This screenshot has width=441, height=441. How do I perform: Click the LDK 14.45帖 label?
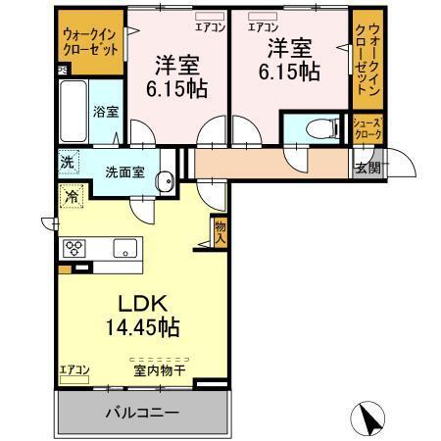pos(142,313)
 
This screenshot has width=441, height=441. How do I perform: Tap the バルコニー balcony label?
pos(142,413)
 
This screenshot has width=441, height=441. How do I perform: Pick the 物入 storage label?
pos(220,232)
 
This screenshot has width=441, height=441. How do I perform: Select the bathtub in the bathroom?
pos(74,111)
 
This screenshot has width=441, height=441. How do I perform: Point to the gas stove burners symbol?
pos(74,247)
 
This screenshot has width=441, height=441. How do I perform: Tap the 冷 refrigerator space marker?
pos(73,197)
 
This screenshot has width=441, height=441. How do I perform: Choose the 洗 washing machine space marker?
pos(67,164)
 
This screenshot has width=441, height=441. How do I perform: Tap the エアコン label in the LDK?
pos(74,368)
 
